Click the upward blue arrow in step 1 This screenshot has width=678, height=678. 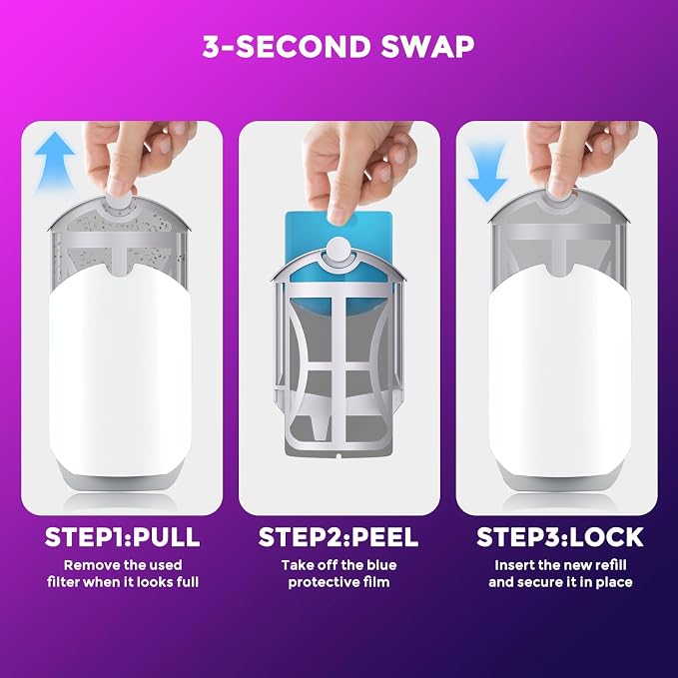[x=55, y=162]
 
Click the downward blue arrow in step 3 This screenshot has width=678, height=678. [x=487, y=172]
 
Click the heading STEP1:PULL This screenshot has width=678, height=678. [x=123, y=537]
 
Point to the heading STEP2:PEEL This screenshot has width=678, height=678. [x=339, y=537]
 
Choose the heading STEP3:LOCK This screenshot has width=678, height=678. [x=560, y=537]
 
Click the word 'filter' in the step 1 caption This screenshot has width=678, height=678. [x=63, y=582]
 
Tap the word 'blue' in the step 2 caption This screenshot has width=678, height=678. [x=381, y=565]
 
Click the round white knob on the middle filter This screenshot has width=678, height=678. [x=339, y=250]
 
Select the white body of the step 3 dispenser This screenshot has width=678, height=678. [x=559, y=367]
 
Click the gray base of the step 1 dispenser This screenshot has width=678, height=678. [x=120, y=478]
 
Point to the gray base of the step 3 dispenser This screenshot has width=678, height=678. [x=559, y=478]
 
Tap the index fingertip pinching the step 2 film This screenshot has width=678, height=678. [x=339, y=215]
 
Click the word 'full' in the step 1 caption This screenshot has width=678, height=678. [x=188, y=582]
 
